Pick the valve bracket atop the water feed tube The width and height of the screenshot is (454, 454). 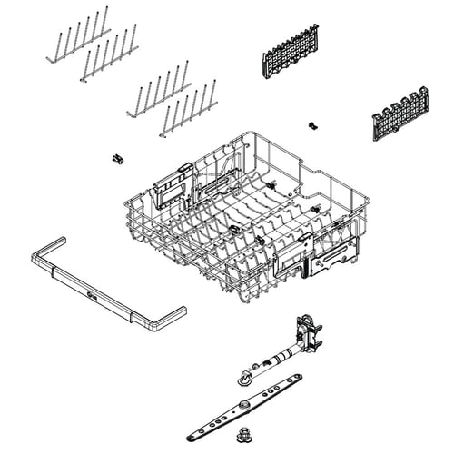[307, 332]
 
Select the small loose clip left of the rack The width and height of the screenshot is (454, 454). [116, 159]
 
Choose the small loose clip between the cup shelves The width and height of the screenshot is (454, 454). [314, 123]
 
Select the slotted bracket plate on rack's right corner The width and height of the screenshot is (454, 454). [335, 254]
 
